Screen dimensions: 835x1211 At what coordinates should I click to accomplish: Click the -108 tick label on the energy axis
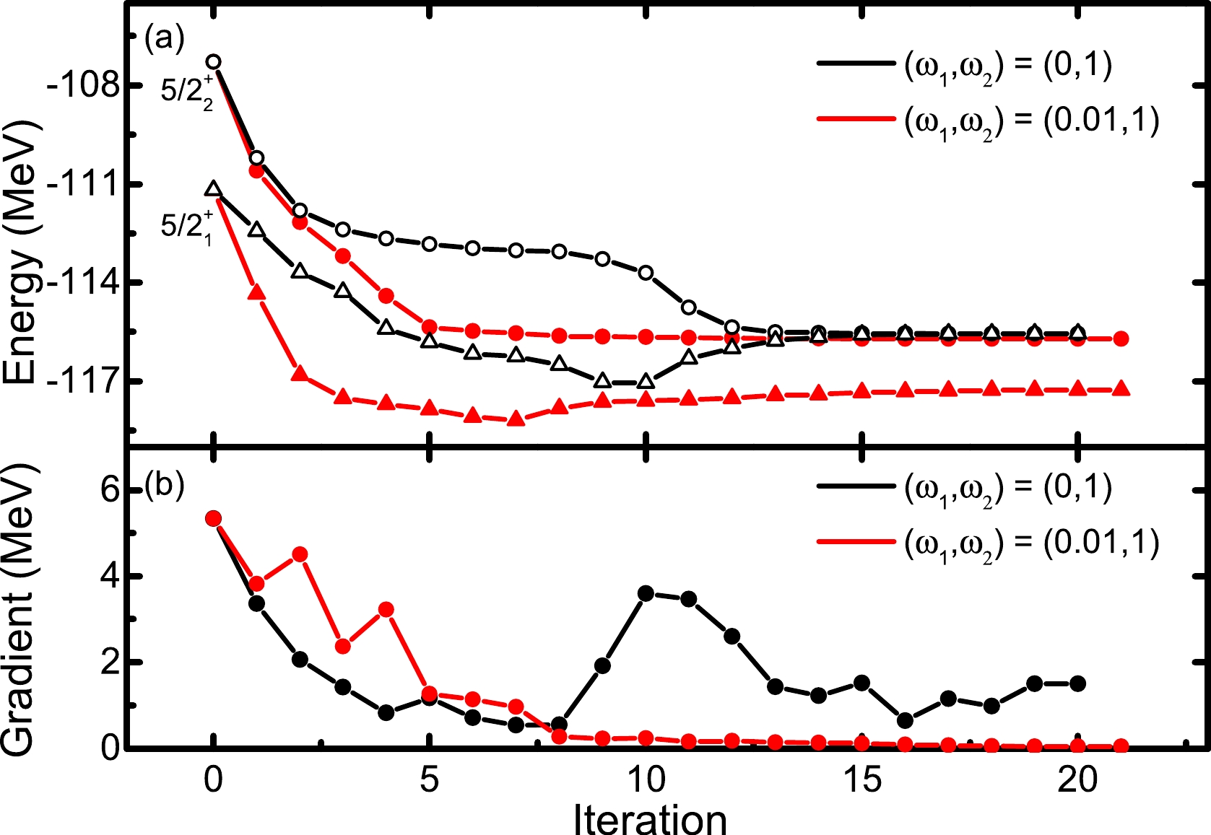(x=82, y=86)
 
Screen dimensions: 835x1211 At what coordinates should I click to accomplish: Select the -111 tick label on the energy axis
(x=82, y=185)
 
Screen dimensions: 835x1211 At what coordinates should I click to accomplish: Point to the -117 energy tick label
(x=82, y=382)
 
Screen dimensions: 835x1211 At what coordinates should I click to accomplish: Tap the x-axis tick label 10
(x=646, y=780)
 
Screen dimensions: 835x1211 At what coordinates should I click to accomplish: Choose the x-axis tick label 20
(x=1077, y=780)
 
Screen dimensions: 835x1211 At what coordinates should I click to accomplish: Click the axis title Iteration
(x=649, y=820)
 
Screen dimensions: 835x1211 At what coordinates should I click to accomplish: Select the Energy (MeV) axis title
(x=20, y=253)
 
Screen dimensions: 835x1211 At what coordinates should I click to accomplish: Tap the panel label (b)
(x=165, y=486)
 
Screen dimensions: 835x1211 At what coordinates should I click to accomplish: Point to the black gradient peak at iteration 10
(x=646, y=594)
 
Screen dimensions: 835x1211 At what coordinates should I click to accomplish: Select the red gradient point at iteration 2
(x=300, y=554)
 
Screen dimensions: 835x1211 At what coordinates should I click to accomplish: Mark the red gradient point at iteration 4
(x=386, y=610)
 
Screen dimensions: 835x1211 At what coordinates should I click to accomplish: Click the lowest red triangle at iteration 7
(x=516, y=419)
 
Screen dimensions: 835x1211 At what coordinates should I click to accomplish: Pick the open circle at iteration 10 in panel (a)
(x=646, y=273)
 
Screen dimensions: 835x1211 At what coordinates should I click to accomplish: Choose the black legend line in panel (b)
(x=856, y=486)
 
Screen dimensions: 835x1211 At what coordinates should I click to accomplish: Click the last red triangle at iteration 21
(x=1121, y=388)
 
